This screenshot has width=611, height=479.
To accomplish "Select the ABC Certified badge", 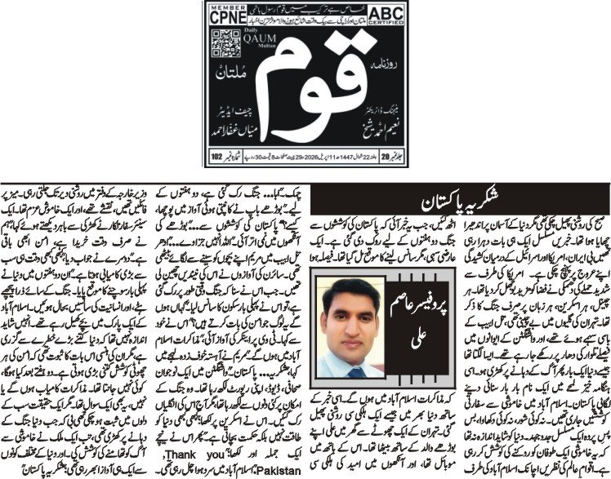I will [393, 14].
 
